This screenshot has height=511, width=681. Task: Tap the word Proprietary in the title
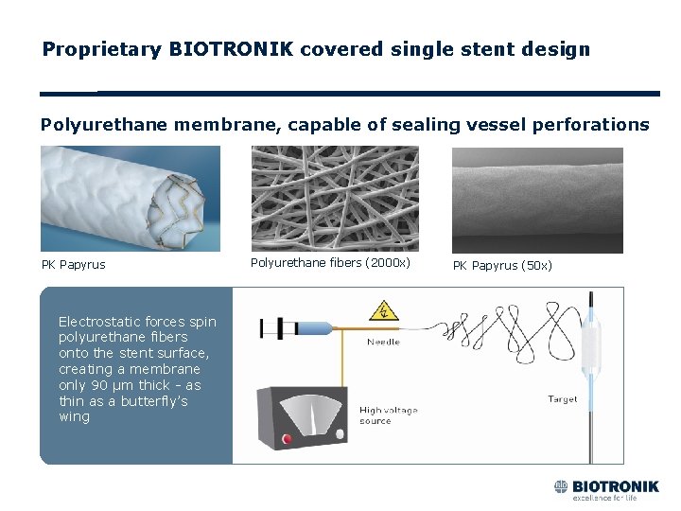102,48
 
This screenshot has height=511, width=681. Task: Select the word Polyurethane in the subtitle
103,124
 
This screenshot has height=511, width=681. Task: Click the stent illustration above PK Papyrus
130,198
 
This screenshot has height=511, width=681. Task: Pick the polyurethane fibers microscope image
334,198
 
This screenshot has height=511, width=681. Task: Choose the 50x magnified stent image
537,200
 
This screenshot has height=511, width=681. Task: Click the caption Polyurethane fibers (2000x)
330,262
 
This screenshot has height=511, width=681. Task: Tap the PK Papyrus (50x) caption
502,265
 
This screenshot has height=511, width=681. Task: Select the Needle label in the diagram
383,342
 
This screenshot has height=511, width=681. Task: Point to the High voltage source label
388,415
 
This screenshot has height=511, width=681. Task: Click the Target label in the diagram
563,399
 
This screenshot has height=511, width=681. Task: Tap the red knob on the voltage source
287,439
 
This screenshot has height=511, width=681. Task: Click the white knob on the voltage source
325,440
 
